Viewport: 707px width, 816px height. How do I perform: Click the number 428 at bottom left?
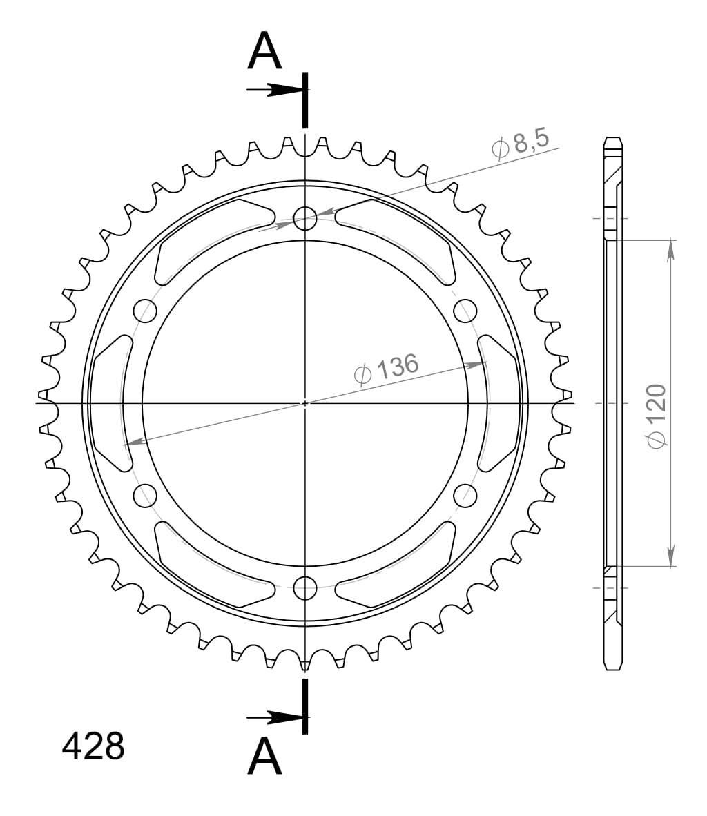pos(93,746)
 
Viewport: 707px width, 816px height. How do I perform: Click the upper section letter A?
pos(264,52)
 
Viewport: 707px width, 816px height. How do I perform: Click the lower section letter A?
pos(264,757)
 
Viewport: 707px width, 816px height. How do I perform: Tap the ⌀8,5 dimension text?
pos(521,144)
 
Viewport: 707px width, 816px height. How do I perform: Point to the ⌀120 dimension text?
pos(655,416)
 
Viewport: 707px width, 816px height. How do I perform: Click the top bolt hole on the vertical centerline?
pos(304,219)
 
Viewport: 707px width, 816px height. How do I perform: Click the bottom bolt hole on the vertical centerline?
pos(304,588)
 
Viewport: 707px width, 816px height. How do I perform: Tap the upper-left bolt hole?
pos(144,311)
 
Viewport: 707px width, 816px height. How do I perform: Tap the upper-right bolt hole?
pos(465,311)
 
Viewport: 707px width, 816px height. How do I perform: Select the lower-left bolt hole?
pos(144,495)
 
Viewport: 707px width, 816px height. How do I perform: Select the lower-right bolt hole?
pos(465,495)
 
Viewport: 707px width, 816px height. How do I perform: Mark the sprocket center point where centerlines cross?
pos(304,403)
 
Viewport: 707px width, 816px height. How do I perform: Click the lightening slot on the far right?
pos(498,403)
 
